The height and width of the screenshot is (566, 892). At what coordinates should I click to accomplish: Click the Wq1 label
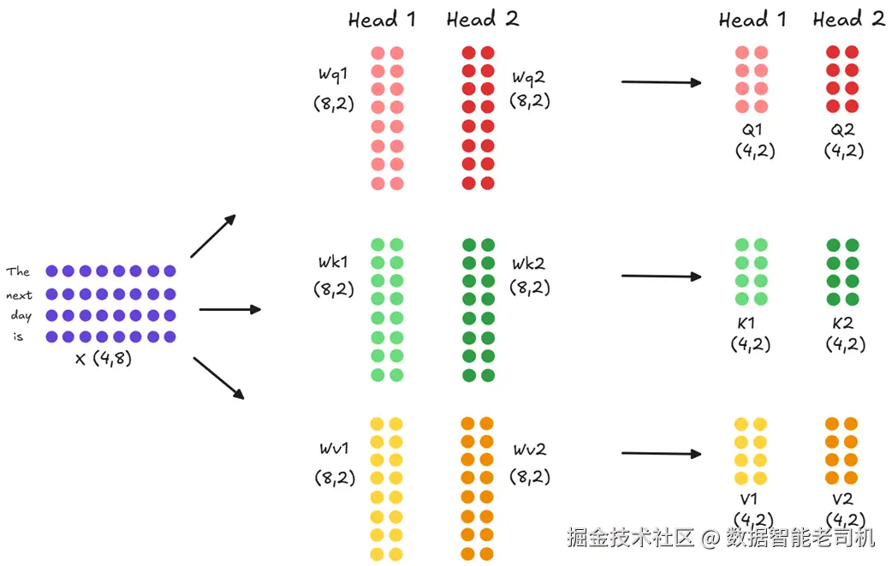pos(333,74)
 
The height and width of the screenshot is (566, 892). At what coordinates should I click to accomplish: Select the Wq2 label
pos(528,78)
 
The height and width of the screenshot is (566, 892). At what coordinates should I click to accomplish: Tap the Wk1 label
pos(333,262)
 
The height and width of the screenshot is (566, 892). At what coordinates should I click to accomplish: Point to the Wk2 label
pos(528,264)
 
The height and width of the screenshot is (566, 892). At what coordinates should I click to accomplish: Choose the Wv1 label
pos(334,449)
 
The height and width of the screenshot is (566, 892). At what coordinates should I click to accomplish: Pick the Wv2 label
pos(530,450)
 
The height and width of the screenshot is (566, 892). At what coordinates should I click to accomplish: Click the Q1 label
pos(752,130)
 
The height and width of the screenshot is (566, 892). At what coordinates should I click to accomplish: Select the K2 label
pos(842,324)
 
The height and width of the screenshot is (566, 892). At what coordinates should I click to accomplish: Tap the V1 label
pos(749,499)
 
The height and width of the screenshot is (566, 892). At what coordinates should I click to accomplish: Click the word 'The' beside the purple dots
pos(18,271)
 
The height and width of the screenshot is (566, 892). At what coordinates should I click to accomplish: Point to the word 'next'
pos(19,295)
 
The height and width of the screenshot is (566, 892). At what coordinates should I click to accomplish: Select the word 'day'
pos(21,316)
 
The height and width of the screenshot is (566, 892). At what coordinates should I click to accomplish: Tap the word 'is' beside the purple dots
pos(18,337)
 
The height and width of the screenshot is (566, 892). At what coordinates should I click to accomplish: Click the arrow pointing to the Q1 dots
pos(661,82)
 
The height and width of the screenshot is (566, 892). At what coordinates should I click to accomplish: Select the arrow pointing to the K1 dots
pos(661,277)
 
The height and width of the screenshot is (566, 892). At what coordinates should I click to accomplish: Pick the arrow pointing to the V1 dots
pos(661,453)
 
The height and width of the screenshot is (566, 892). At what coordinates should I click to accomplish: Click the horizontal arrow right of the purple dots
pos(229,309)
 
